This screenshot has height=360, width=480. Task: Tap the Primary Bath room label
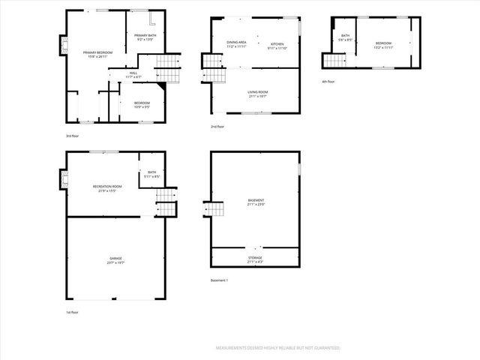point(145,35)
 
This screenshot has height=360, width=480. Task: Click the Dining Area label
point(237,43)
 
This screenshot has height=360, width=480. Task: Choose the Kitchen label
point(277,44)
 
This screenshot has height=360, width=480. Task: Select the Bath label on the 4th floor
point(345,35)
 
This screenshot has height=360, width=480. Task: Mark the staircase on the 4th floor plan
point(331,58)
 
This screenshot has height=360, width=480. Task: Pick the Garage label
point(115,258)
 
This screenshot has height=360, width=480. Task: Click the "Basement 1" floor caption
point(220,280)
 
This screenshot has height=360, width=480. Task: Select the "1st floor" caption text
point(72,312)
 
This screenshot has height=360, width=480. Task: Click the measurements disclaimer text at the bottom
point(278,348)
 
